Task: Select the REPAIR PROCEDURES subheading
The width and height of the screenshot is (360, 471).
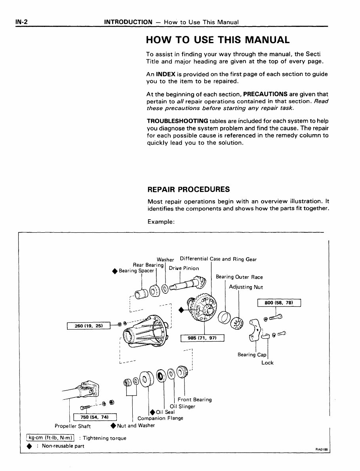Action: [x=188, y=189]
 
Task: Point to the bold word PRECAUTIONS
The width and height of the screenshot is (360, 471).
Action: [x=265, y=95]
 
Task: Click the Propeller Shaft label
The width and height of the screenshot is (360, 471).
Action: [x=72, y=426]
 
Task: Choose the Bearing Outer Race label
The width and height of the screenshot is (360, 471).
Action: [x=239, y=277]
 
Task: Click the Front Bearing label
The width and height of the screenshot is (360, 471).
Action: [x=194, y=400]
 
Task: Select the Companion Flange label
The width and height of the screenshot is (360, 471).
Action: [x=160, y=418]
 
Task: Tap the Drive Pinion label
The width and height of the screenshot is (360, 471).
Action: [x=184, y=268]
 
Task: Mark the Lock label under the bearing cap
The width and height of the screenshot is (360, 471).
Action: [x=267, y=363]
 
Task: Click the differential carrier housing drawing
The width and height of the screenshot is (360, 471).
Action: [x=146, y=331]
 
